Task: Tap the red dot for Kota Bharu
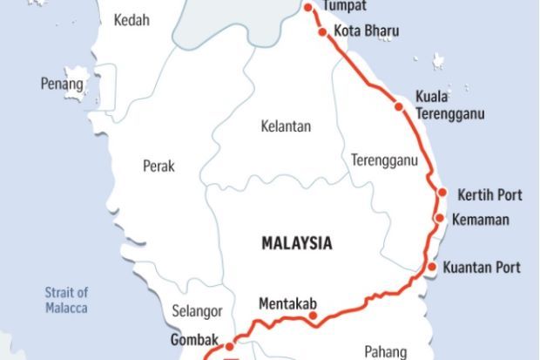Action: coord(322,32)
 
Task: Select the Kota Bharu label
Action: coord(367,31)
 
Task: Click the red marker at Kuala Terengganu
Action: coord(399,107)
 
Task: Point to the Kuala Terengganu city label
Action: coord(449,105)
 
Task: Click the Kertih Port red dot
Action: coord(442,193)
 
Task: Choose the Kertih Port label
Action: coord(489,193)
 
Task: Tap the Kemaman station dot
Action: coord(440,219)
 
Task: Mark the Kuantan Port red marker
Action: coord(431,267)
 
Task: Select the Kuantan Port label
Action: coord(482,267)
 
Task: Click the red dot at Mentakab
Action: coord(314,316)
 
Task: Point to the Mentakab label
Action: coord(288,304)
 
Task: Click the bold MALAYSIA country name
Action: coord(297,243)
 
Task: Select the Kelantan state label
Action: coord(286,126)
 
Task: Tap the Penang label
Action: coord(62,84)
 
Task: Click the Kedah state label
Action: coord(132,19)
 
